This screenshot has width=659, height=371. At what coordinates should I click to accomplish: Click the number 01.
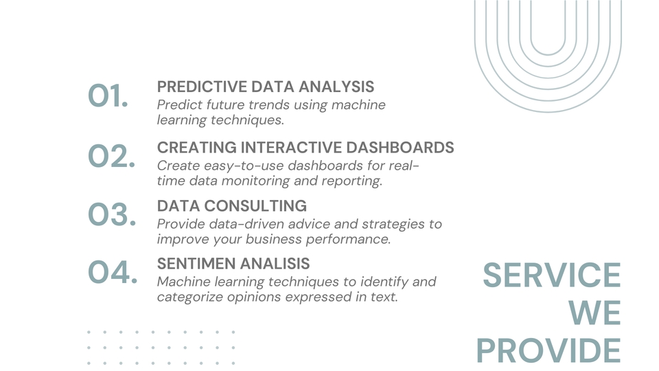(x=108, y=97)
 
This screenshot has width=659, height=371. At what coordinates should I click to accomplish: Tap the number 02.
(x=111, y=157)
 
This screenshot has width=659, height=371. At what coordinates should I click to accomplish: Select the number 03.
(x=111, y=215)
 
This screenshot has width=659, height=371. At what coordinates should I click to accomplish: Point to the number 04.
(x=112, y=273)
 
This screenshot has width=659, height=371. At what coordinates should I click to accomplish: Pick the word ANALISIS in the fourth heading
(x=279, y=264)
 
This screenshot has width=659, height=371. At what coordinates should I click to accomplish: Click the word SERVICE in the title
(x=551, y=276)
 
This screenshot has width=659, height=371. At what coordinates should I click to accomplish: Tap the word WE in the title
(x=594, y=313)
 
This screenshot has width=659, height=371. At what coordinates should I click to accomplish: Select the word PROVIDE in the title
(x=548, y=351)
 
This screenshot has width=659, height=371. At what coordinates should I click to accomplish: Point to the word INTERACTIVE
(x=293, y=148)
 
